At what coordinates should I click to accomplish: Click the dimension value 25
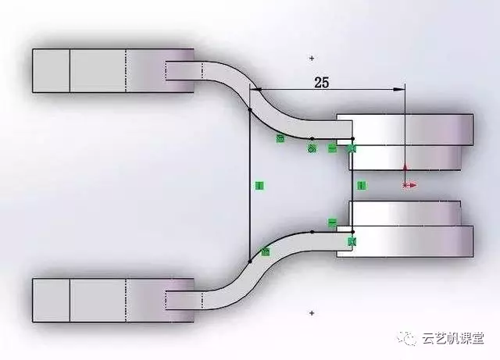(x=321, y=82)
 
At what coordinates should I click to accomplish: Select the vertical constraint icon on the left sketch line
(x=259, y=185)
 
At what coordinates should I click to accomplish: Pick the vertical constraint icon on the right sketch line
(x=361, y=185)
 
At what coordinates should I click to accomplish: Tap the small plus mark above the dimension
(x=312, y=58)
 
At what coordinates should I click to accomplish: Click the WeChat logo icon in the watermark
(x=407, y=338)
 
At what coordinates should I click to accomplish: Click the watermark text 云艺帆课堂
(x=453, y=338)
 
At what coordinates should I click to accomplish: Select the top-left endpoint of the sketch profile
(x=249, y=109)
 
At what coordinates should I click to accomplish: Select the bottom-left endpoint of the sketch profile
(x=249, y=262)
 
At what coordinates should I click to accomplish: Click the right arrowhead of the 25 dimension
(x=401, y=89)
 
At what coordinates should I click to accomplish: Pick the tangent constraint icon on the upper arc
(x=280, y=139)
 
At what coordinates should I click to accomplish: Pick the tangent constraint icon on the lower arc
(x=266, y=251)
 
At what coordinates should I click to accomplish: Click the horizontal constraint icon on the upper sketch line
(x=332, y=148)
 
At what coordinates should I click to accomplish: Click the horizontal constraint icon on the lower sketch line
(x=332, y=223)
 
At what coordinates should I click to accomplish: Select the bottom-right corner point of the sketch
(x=352, y=232)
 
